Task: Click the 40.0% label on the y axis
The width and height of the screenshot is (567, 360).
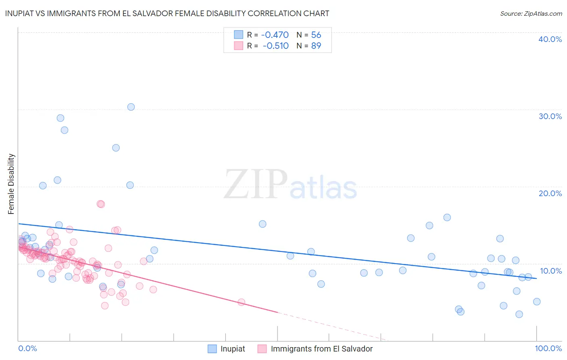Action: click(550, 39)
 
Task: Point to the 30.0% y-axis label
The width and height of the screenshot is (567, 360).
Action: click(550, 116)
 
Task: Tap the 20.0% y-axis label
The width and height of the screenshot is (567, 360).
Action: click(550, 193)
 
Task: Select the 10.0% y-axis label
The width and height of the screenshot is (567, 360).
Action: click(550, 271)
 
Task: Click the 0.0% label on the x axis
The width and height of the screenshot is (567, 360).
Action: click(27, 348)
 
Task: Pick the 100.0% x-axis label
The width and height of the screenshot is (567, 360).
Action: click(548, 348)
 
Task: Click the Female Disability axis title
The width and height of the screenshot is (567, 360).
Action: click(11, 184)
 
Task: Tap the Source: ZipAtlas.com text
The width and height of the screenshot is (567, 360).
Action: click(531, 13)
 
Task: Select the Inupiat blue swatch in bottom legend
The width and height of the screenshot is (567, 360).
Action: click(212, 349)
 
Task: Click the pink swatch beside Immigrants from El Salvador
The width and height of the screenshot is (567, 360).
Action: click(262, 349)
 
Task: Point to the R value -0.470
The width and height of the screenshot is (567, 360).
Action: click(275, 35)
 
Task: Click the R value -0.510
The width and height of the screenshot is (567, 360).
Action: click(275, 46)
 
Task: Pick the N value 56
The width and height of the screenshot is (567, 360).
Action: click(316, 35)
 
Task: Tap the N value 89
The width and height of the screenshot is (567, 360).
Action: click(316, 46)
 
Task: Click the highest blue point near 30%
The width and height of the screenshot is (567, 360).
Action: click(131, 107)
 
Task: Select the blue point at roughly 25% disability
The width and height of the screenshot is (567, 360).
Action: click(116, 148)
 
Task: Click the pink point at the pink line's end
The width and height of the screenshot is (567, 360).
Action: click(242, 302)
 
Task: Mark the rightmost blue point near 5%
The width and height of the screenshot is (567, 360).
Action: click(537, 301)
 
